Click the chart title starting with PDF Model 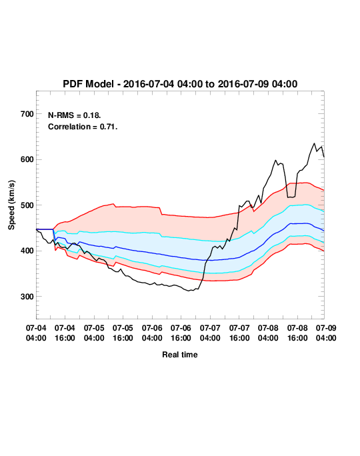180,84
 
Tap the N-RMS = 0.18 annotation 75,115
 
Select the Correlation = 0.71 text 83,127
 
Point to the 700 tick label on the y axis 27,114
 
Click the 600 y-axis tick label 27,159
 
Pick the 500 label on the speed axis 27,205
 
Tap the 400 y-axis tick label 27,251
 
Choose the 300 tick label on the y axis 27,297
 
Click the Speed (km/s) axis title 11,205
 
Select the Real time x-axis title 180,355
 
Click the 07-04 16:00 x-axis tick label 65,333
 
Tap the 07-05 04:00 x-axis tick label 94,333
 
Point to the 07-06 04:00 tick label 152,333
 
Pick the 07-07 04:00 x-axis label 210,333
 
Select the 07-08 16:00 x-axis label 297,333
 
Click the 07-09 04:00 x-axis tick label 326,333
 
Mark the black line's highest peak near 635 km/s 314,143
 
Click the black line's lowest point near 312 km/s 189,291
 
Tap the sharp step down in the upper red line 161,211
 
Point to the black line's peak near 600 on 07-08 275,160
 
